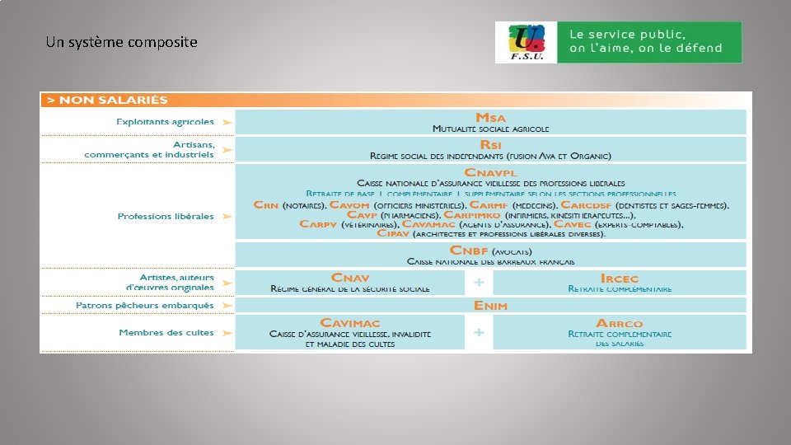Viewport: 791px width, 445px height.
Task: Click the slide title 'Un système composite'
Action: [122, 42]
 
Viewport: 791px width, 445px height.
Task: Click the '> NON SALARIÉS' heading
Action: [107, 100]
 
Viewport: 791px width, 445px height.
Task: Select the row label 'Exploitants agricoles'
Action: [165, 122]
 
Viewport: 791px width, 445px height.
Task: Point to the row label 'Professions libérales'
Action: [166, 217]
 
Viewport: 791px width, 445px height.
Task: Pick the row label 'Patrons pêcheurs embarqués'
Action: [145, 306]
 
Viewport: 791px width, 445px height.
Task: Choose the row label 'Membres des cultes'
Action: [166, 333]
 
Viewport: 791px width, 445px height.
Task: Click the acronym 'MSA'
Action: [490, 118]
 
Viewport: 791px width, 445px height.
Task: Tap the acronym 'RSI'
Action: [490, 144]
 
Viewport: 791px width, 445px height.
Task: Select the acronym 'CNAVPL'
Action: [490, 172]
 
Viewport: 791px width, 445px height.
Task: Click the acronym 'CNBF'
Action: [470, 251]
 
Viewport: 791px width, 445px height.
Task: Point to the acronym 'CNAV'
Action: [350, 278]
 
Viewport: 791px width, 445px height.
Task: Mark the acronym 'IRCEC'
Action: [620, 279]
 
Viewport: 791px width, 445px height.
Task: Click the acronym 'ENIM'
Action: [490, 306]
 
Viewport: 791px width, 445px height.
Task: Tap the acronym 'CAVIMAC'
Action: [350, 323]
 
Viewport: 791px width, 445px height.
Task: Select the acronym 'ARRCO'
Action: [620, 324]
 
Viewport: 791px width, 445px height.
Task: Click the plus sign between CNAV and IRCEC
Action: [479, 283]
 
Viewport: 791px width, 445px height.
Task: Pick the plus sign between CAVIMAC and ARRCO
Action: [479, 333]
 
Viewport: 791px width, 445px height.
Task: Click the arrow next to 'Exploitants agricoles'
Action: [227, 122]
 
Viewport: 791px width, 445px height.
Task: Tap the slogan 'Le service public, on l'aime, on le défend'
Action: [645, 42]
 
